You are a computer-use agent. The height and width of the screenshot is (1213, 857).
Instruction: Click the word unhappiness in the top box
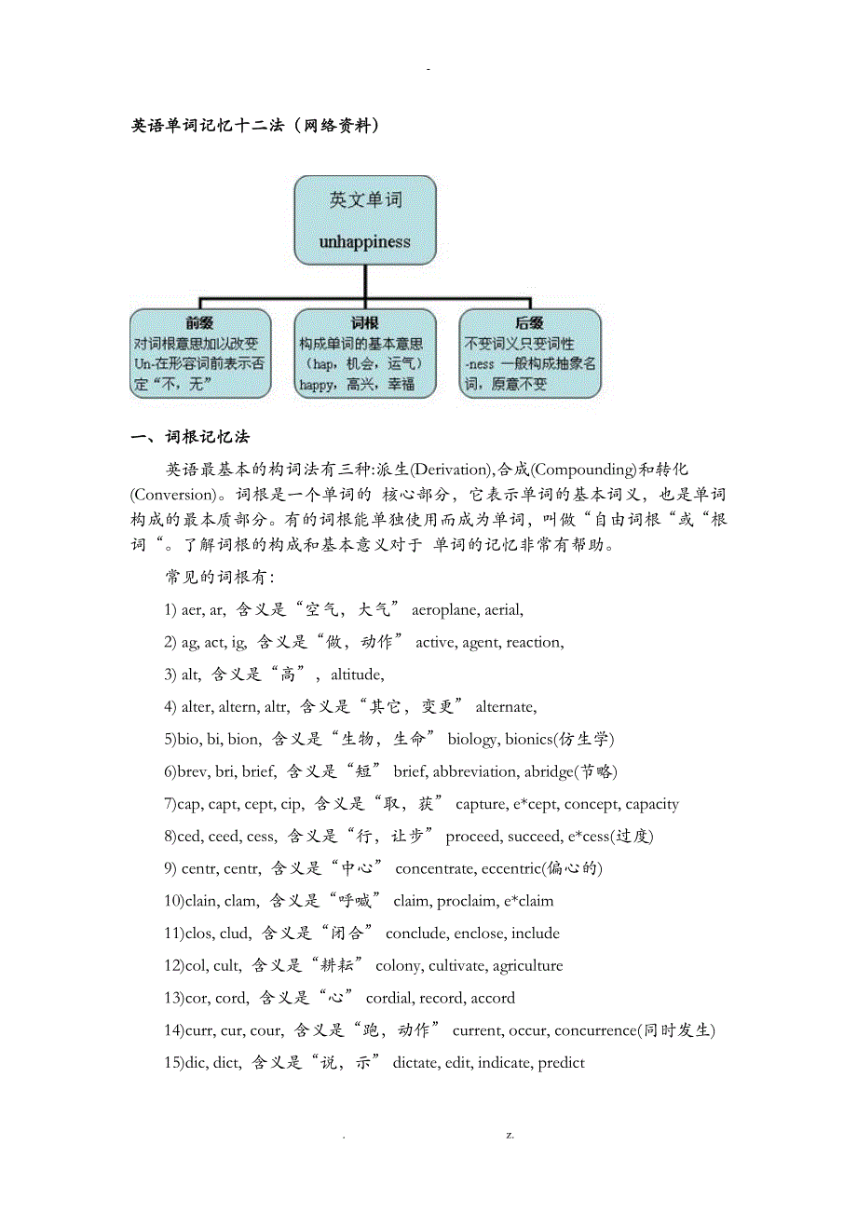(364, 242)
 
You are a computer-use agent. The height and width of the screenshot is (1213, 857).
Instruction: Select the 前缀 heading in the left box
(200, 323)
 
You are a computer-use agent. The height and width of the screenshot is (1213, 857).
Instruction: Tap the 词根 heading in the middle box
(364, 323)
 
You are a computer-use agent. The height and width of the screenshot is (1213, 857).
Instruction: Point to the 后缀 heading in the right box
(529, 323)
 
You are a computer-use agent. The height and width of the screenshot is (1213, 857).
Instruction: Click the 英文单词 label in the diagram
(364, 199)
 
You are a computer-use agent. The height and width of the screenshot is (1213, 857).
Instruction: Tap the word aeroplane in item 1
(446, 610)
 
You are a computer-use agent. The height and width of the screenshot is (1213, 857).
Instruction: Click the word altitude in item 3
(357, 675)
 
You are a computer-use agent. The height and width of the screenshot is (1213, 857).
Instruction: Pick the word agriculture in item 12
(527, 966)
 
